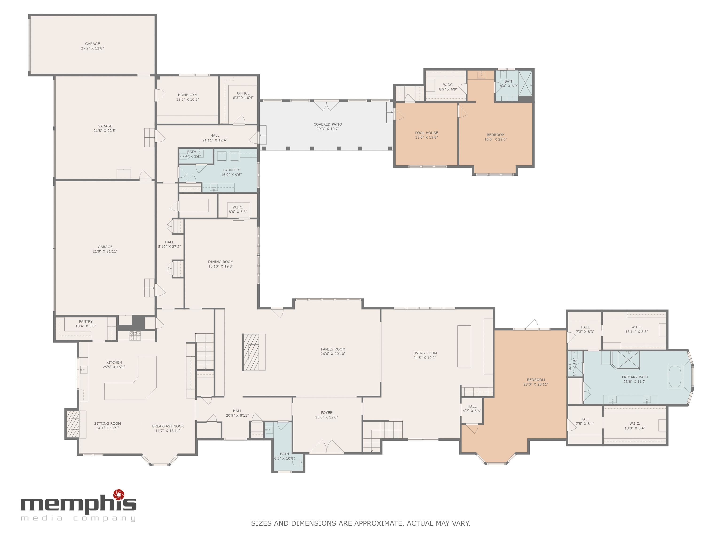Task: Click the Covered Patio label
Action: click(x=328, y=124)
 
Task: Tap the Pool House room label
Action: click(x=426, y=133)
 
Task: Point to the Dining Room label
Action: click(x=221, y=262)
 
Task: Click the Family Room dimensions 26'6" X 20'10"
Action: click(x=333, y=354)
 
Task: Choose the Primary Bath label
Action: click(x=635, y=377)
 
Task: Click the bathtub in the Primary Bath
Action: click(x=675, y=377)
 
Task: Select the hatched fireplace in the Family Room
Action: click(x=251, y=352)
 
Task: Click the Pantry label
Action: click(x=86, y=322)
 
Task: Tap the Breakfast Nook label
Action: click(x=168, y=426)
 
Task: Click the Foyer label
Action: click(x=326, y=413)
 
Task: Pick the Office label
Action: click(x=243, y=93)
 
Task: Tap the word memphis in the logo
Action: click(x=78, y=504)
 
